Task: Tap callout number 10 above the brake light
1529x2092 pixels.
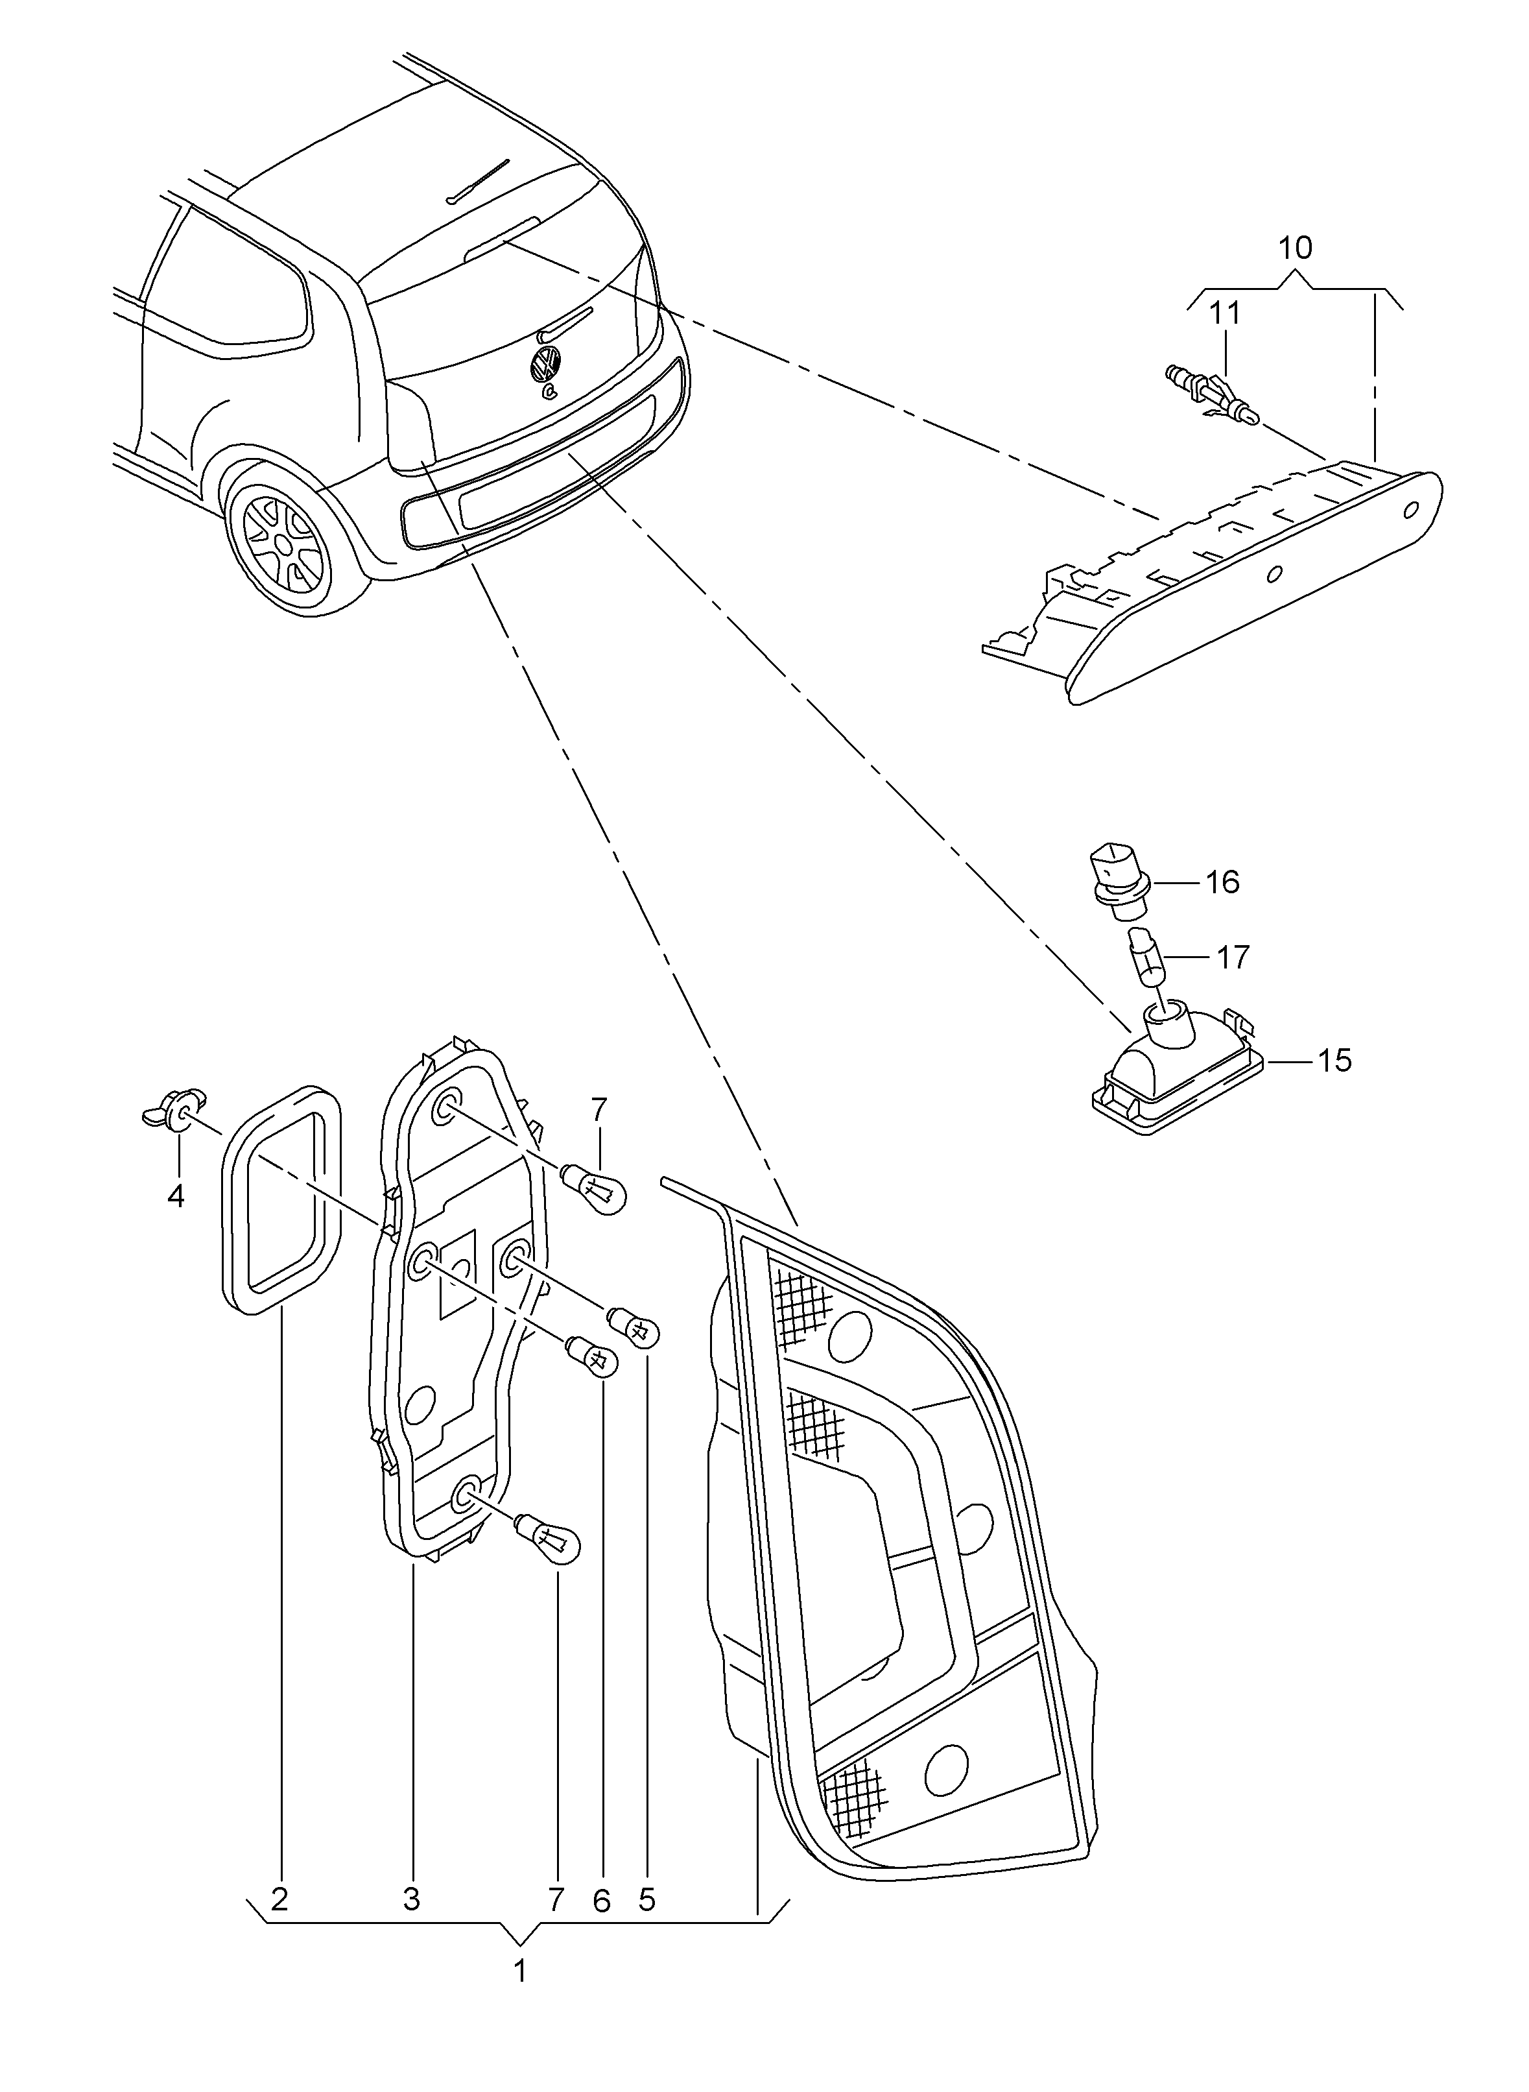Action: coord(1296,248)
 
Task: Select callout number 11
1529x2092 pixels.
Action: coord(1226,314)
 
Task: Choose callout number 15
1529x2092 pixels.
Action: coord(1334,1060)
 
